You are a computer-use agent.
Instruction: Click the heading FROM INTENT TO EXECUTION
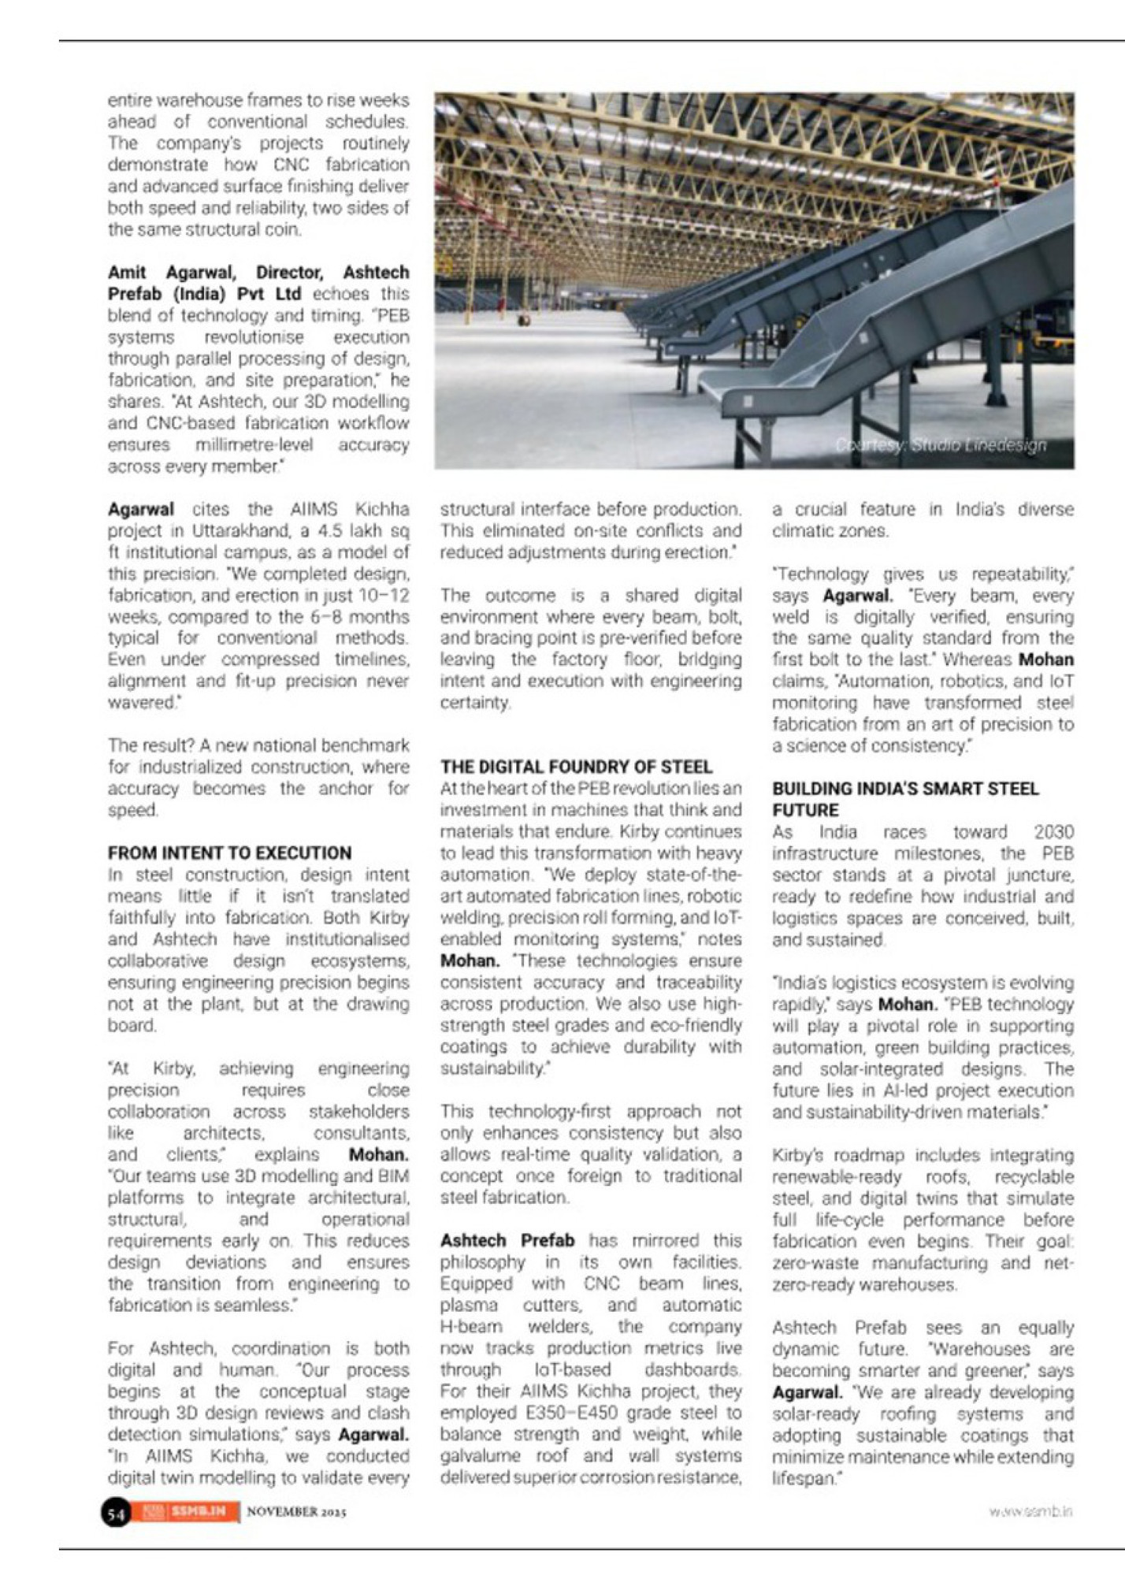229,853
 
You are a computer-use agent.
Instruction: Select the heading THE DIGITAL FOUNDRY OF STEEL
576,767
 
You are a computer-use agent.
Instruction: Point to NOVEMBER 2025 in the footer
296,1512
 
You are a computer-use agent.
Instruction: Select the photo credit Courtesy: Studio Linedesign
941,445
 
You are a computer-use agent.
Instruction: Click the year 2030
1053,832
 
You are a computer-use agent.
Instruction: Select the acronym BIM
393,1176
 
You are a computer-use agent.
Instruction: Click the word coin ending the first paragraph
283,229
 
